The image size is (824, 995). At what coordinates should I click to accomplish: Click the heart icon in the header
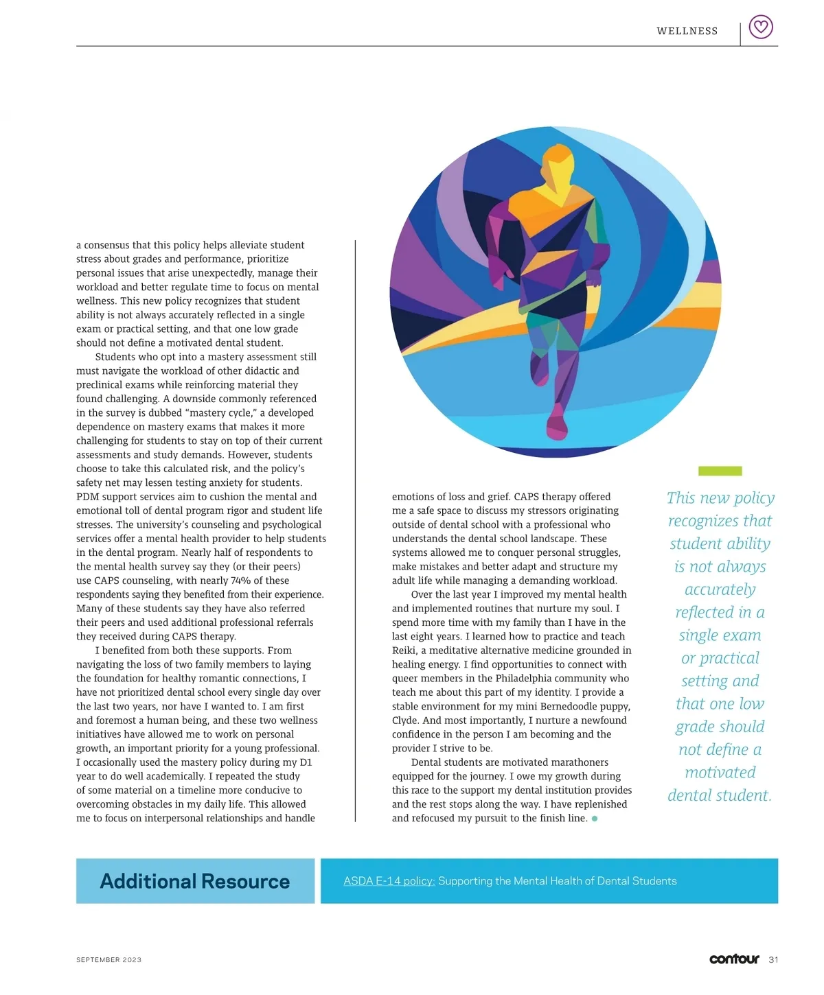tap(760, 27)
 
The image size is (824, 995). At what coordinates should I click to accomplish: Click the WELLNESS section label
tap(687, 31)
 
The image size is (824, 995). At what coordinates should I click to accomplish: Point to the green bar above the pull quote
tap(720, 471)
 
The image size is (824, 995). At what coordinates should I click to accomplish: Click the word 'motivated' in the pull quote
tap(720, 773)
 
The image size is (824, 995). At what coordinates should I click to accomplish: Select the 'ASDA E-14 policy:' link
tap(389, 881)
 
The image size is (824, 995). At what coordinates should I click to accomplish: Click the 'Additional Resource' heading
tap(195, 881)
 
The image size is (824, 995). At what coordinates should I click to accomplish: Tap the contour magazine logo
tap(733, 959)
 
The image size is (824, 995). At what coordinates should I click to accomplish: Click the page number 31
tap(773, 959)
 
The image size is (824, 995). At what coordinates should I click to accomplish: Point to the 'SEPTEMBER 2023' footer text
tap(108, 960)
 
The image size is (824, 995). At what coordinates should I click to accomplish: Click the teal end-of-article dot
tap(594, 819)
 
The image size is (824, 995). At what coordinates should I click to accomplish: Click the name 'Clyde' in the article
tap(405, 721)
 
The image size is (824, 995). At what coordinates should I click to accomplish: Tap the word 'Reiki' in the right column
tap(404, 651)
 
